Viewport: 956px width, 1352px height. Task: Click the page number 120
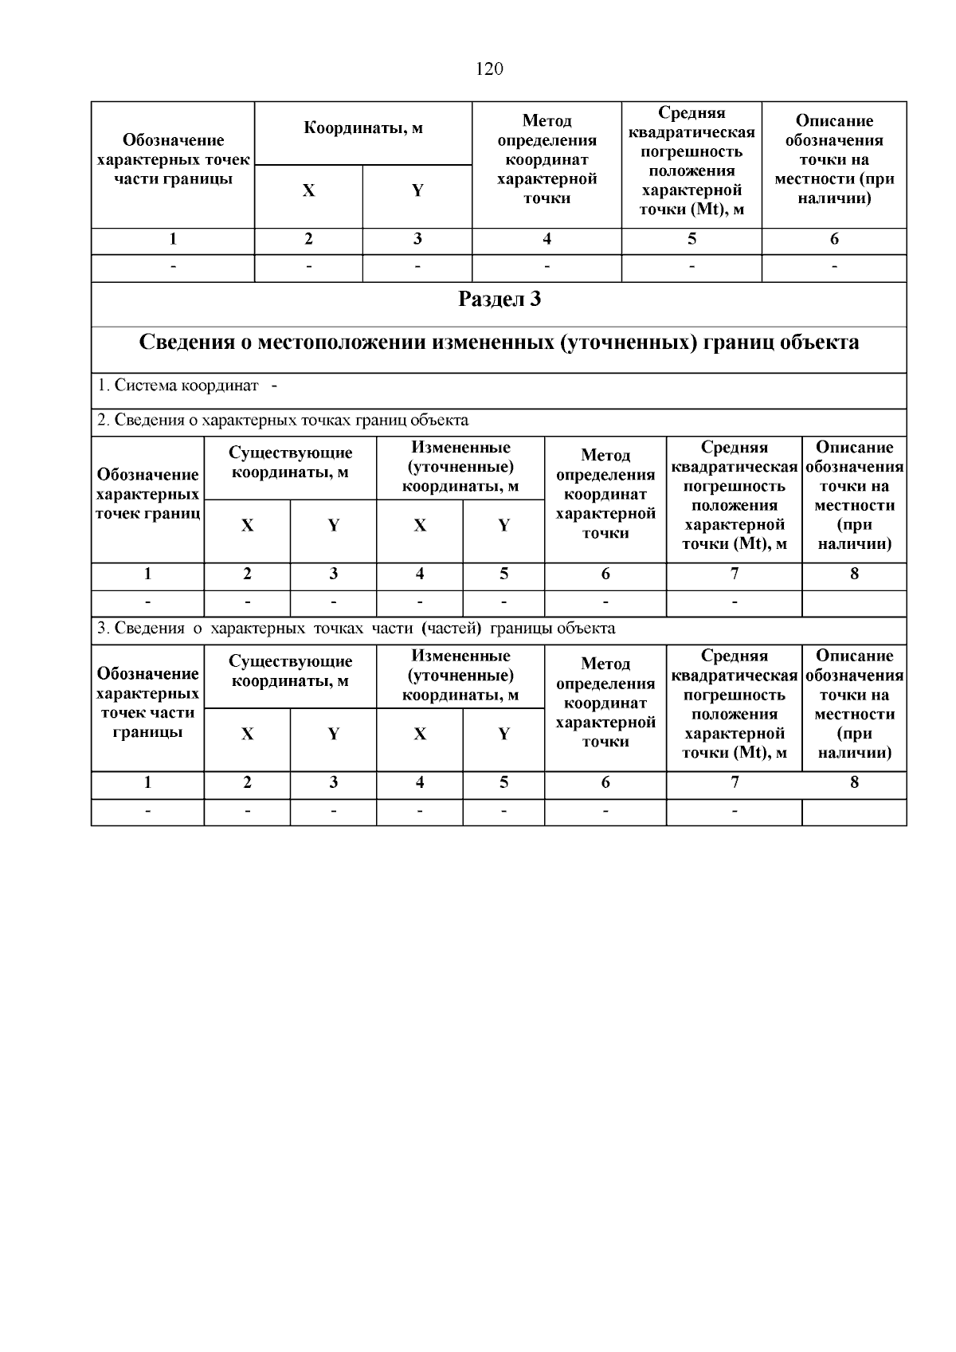[489, 69]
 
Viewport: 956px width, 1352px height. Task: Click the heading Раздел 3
[500, 300]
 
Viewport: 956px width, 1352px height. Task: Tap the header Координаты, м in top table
[363, 128]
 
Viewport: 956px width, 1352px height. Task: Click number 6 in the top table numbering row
[834, 239]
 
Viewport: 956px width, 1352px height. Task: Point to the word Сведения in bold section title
[186, 343]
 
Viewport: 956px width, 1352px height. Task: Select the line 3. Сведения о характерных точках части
[356, 629]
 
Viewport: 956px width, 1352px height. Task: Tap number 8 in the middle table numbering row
[854, 574]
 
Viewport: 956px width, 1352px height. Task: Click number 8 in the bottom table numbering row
[854, 782]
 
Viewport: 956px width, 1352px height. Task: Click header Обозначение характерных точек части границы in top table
[173, 160]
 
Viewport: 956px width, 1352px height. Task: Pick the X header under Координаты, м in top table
[308, 191]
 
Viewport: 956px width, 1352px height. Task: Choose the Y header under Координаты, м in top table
[417, 191]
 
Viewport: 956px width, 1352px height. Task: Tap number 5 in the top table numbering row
[692, 239]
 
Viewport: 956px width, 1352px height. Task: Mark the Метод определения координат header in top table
[547, 159]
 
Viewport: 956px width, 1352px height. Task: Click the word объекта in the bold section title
[817, 343]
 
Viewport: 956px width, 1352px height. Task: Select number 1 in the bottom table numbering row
[147, 782]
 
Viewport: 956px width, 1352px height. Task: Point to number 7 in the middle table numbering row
[734, 574]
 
